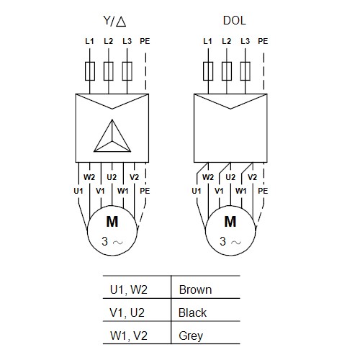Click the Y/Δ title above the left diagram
point(114,21)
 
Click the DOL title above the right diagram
point(235,21)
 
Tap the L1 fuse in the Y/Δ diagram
point(90,71)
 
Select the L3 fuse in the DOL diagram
point(246,71)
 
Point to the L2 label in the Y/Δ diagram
point(108,41)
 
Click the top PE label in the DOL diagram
point(263,41)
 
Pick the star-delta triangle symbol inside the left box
point(112,136)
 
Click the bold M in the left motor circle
point(112,222)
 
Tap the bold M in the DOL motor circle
point(230,222)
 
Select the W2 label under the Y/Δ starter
point(89,177)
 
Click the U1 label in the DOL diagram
point(197,191)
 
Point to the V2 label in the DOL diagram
point(252,177)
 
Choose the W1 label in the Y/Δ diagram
point(123,191)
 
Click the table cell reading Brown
point(195,289)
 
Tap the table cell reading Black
point(192,312)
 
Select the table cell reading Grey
point(191,336)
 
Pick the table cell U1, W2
point(129,289)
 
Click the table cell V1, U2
point(127,312)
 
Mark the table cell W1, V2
point(129,336)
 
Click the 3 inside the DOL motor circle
point(222,241)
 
